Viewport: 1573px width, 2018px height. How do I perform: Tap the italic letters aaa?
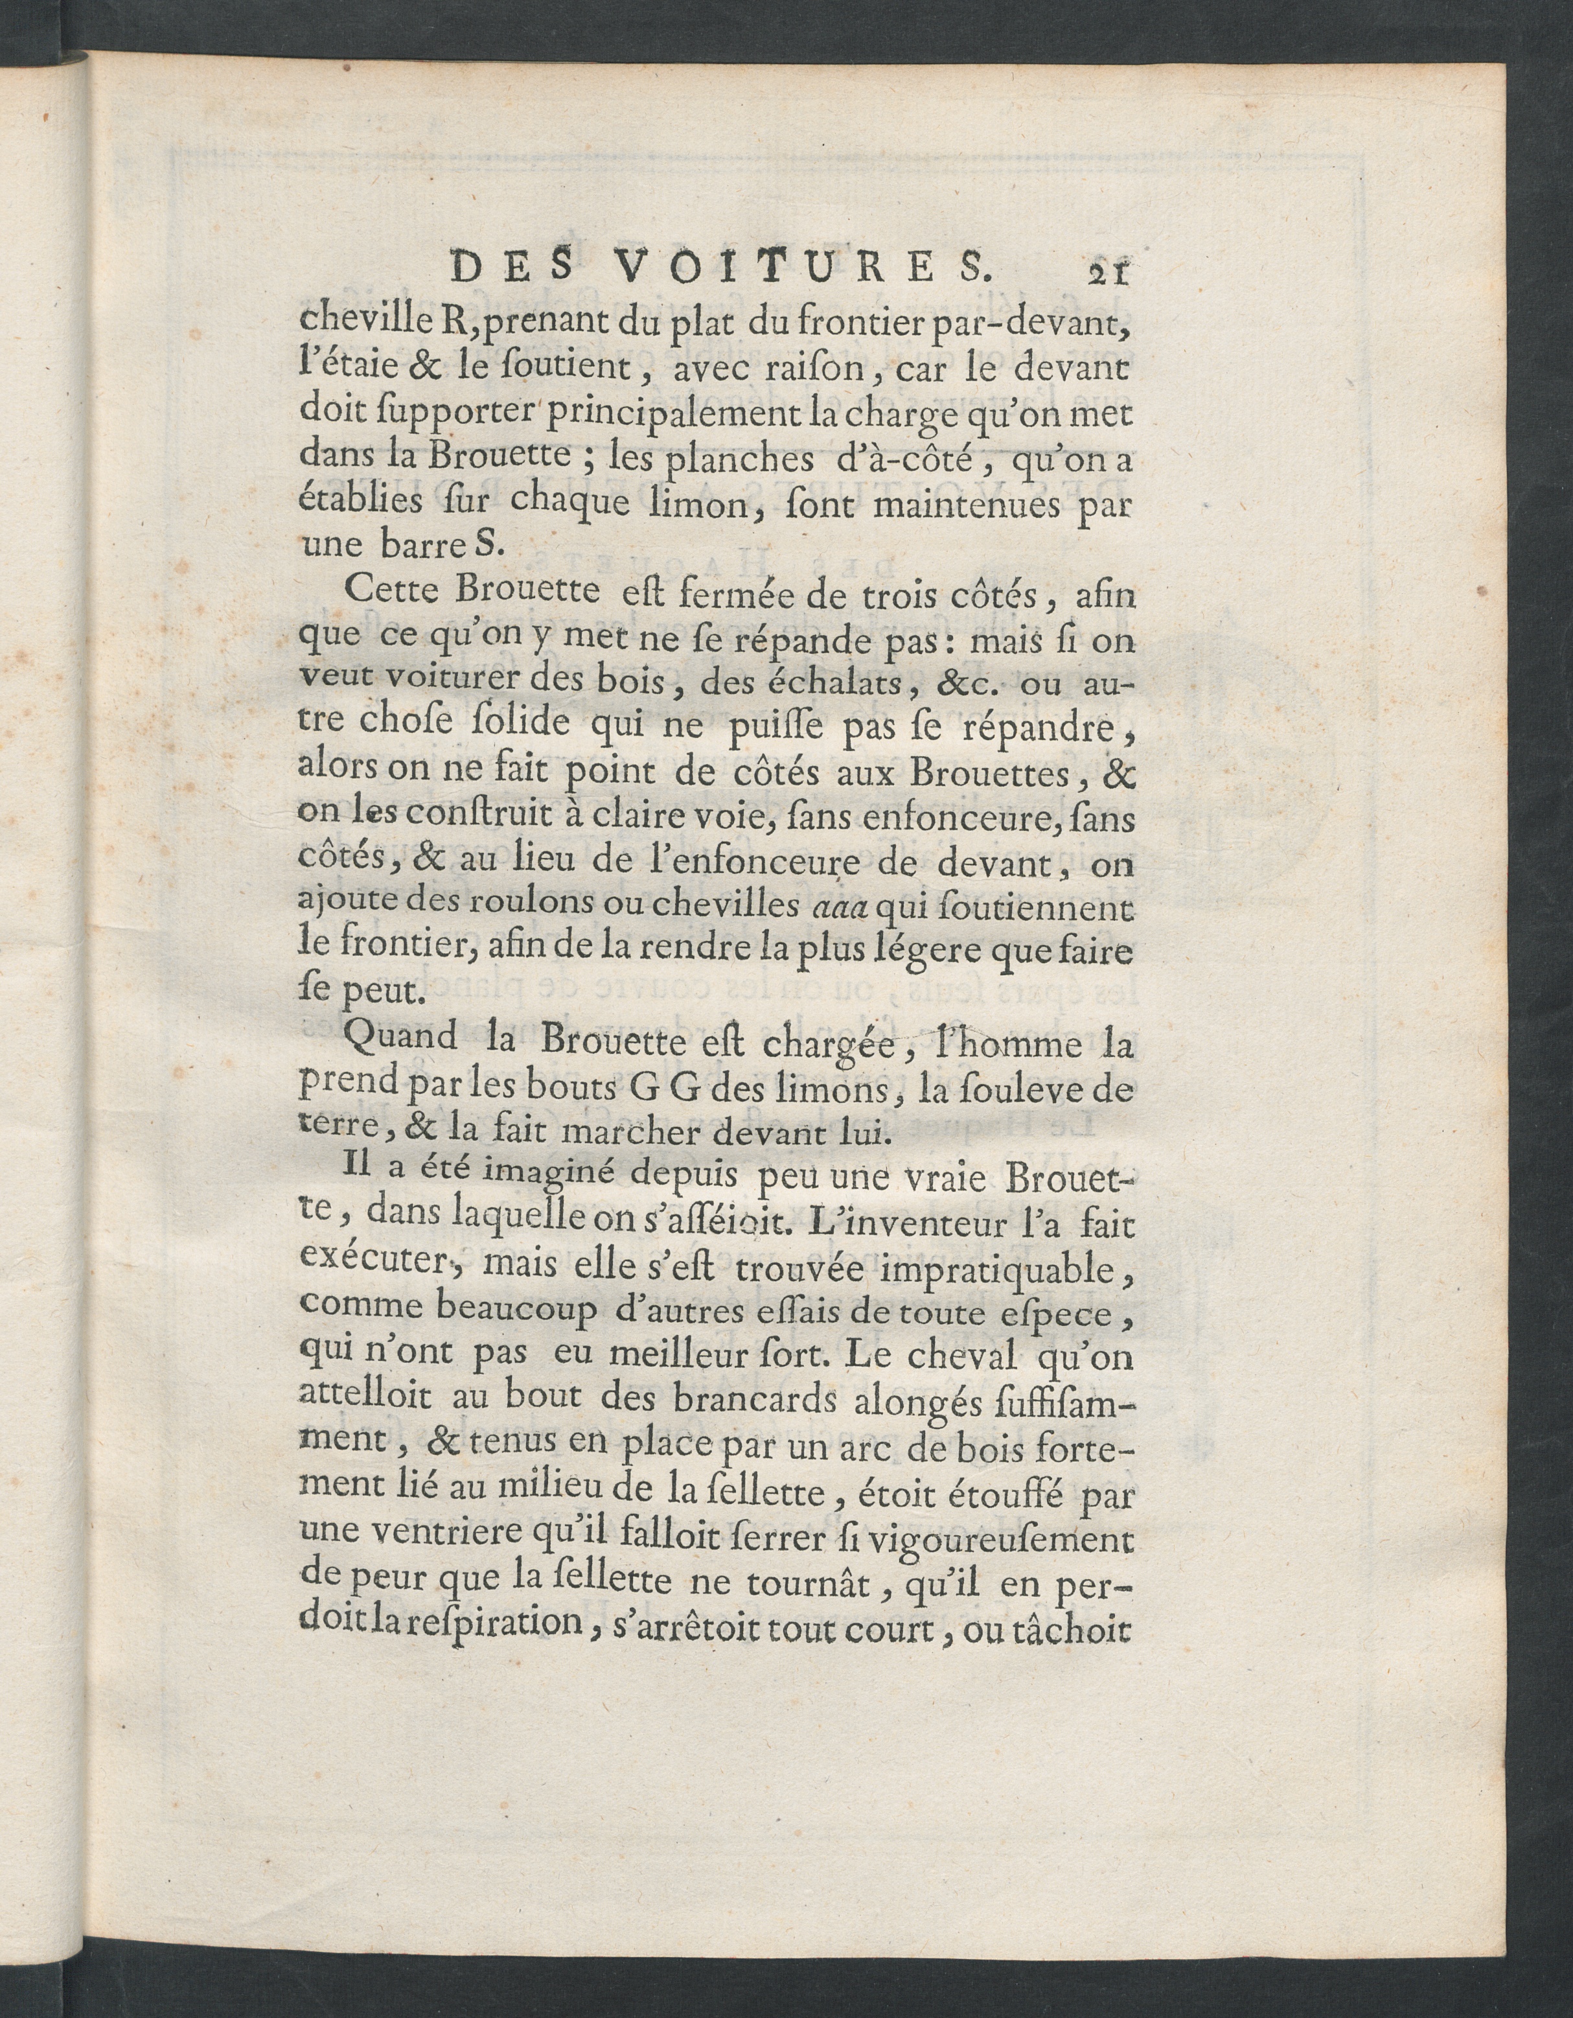pos(837,909)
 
